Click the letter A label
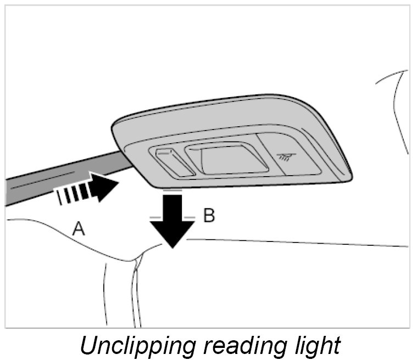coord(79,229)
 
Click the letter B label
coord(209,216)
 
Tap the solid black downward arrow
coord(173,220)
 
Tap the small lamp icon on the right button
coord(286,157)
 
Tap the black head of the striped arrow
coord(105,186)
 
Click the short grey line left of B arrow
coord(155,218)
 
